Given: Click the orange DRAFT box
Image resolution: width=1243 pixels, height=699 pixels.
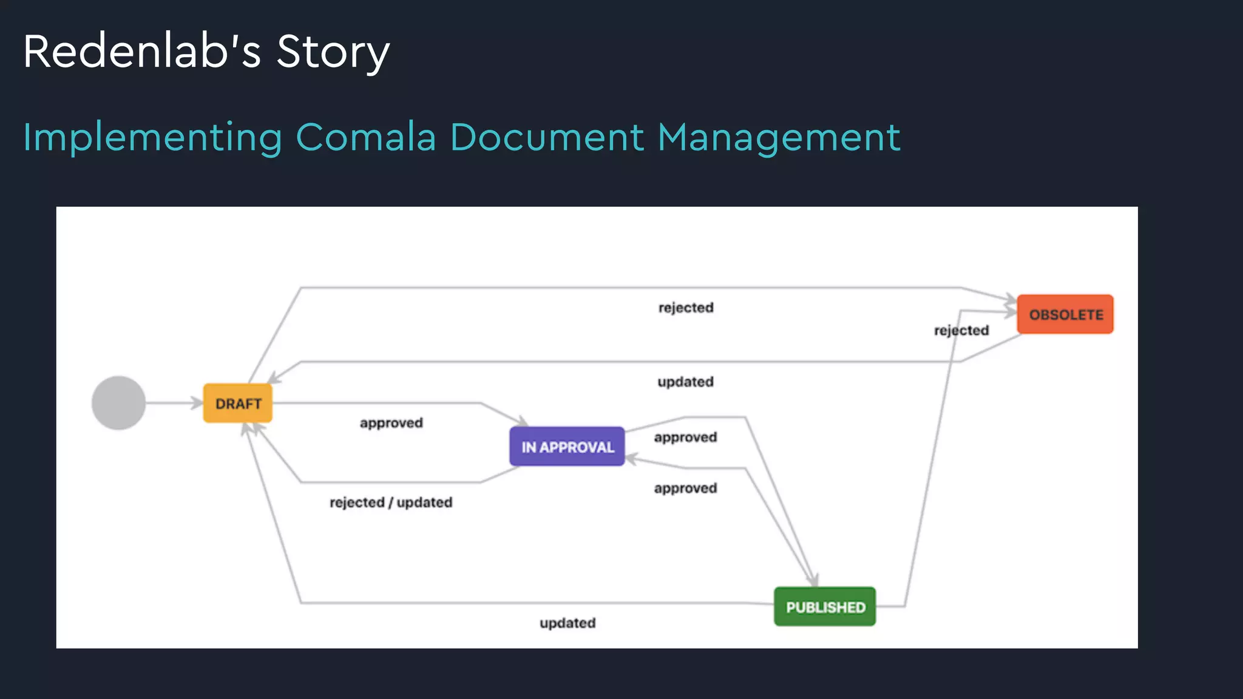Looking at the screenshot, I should click(238, 404).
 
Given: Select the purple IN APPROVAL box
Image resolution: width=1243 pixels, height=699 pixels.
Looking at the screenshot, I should click(567, 447).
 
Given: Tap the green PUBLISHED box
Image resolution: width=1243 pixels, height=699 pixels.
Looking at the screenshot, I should click(825, 607).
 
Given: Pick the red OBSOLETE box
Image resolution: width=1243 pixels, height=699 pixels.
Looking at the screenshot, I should click(1065, 314).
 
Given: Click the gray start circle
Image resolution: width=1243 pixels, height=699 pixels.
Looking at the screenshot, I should click(118, 403).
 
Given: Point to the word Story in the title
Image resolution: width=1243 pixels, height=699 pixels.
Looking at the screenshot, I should click(333, 52).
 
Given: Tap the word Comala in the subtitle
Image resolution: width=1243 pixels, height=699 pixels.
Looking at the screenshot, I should click(366, 137).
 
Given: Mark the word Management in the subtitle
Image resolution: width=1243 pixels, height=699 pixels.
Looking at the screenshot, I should click(779, 138).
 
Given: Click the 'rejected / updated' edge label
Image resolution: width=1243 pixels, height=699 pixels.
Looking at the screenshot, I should click(391, 502).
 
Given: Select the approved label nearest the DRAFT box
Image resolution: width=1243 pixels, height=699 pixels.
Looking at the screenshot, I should click(391, 423).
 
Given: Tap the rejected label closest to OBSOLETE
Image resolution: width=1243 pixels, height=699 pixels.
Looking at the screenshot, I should click(961, 330).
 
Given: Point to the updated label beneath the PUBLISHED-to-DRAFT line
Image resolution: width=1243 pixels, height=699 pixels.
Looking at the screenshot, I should click(567, 623).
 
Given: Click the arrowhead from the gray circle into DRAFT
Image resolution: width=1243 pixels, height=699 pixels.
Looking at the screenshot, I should click(197, 403).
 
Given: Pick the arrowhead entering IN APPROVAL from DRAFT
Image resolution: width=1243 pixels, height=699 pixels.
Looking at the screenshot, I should click(523, 421).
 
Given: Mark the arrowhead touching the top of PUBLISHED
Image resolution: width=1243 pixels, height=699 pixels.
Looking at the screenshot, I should click(814, 580).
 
